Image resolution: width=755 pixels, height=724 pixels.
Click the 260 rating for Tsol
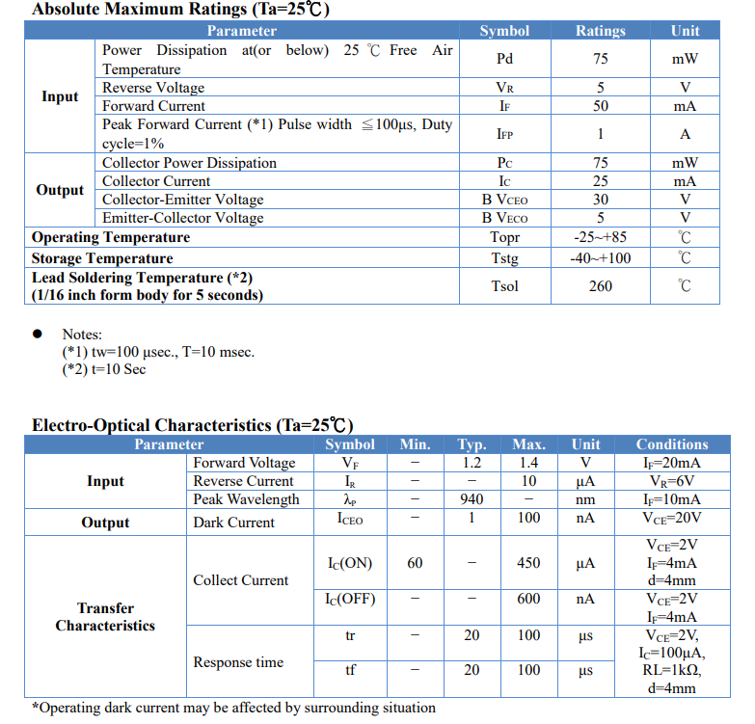pyautogui.click(x=601, y=286)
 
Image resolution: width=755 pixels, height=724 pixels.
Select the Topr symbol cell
pyautogui.click(x=504, y=237)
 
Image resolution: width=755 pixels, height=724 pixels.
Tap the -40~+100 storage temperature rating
pyautogui.click(x=601, y=258)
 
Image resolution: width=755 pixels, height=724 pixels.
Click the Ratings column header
pyautogui.click(x=601, y=31)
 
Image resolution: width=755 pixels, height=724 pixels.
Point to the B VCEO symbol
pyautogui.click(x=504, y=200)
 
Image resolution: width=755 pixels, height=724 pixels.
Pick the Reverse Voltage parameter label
pyautogui.click(x=153, y=88)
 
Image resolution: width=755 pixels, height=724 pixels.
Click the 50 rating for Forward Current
pyautogui.click(x=601, y=106)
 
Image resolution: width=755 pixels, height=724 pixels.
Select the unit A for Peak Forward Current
pyautogui.click(x=685, y=134)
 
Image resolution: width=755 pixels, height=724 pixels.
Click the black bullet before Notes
pyautogui.click(x=38, y=334)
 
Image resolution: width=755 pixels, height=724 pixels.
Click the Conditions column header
pyautogui.click(x=672, y=444)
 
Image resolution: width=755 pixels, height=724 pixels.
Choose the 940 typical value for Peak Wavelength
pyautogui.click(x=472, y=499)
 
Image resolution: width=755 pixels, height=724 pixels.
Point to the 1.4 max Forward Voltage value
pyautogui.click(x=528, y=463)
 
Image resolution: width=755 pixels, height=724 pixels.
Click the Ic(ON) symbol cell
pyautogui.click(x=349, y=563)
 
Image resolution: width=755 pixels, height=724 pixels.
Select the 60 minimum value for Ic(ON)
pyautogui.click(x=415, y=563)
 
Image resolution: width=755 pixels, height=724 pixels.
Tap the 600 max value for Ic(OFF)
pyautogui.click(x=528, y=599)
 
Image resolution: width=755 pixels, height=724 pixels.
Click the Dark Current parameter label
pyautogui.click(x=233, y=523)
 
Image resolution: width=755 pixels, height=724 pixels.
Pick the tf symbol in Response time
pyautogui.click(x=350, y=670)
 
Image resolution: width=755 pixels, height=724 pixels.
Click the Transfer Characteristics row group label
pyautogui.click(x=105, y=617)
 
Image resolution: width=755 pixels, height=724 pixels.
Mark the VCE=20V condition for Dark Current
pyautogui.click(x=672, y=518)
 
